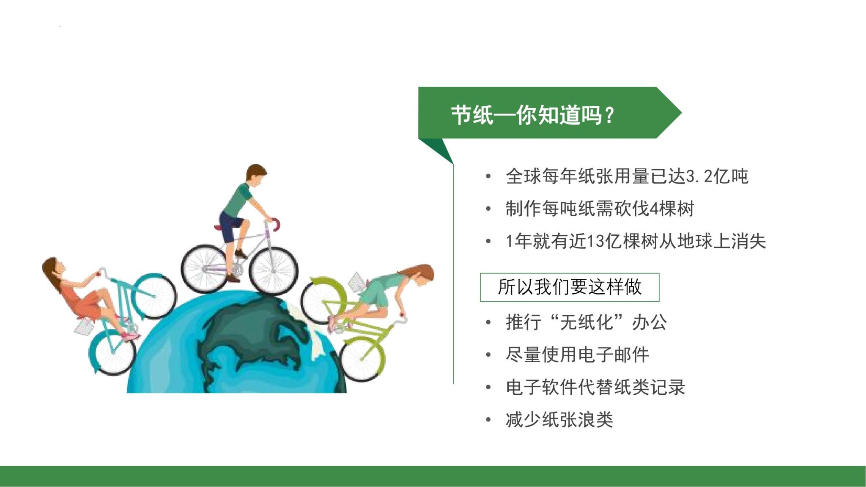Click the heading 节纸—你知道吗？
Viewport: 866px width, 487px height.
click(533, 115)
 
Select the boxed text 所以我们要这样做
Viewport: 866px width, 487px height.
click(570, 287)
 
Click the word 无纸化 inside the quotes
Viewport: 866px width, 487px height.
click(586, 322)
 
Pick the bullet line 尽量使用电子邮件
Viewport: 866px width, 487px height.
click(577, 355)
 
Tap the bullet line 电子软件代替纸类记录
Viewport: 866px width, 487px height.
click(595, 387)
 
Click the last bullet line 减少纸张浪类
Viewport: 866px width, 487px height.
click(559, 420)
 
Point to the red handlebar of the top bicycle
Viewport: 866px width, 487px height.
click(276, 223)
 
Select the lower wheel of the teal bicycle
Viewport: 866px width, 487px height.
click(112, 353)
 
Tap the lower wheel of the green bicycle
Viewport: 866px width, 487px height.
click(363, 360)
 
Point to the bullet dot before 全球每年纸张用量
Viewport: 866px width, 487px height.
click(488, 176)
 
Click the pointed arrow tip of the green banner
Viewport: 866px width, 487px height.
click(678, 113)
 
